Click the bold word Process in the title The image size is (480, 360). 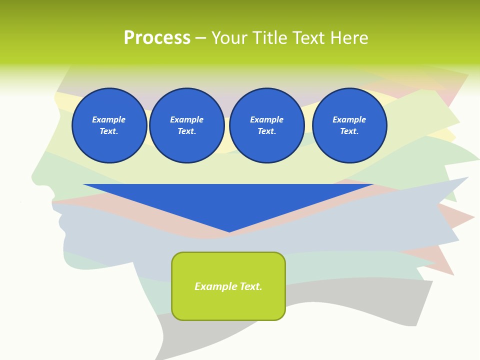pyautogui.click(x=157, y=38)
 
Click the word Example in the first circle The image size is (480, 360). pyautogui.click(x=109, y=119)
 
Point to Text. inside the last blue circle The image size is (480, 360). pyautogui.click(x=349, y=131)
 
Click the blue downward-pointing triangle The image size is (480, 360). pyautogui.click(x=228, y=200)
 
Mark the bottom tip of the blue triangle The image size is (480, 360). pyautogui.click(x=229, y=231)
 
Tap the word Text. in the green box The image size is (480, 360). pyautogui.click(x=251, y=286)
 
